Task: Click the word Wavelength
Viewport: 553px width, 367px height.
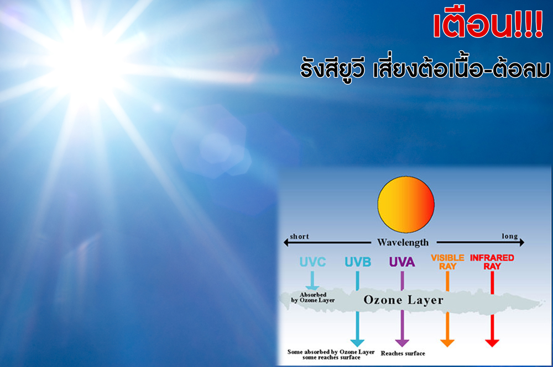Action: pos(403,242)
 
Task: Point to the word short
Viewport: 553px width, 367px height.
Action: pos(299,237)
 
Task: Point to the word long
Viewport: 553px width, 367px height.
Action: pos(509,237)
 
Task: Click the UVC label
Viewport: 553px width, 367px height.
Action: pos(312,262)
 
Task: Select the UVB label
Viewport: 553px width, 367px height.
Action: pos(359,262)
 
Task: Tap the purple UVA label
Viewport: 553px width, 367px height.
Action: pos(401,262)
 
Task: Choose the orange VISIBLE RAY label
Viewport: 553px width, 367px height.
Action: pos(447,262)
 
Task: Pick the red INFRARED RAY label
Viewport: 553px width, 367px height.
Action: pos(492,262)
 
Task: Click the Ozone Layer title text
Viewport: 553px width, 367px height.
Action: pos(403,300)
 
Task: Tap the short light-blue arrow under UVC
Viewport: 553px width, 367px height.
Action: pos(313,280)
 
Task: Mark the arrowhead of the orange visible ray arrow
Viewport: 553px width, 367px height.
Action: pos(447,341)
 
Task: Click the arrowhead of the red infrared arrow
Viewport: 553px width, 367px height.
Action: pos(492,341)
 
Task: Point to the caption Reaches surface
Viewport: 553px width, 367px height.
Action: pos(403,353)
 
